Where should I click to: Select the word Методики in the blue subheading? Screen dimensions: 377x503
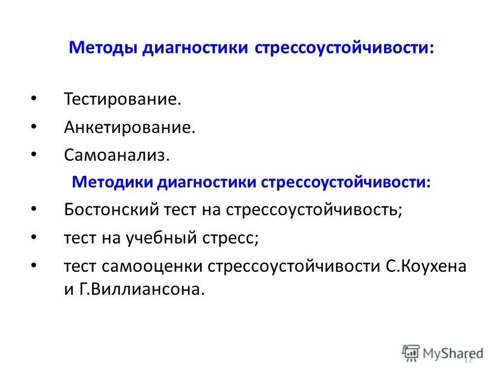pyautogui.click(x=111, y=182)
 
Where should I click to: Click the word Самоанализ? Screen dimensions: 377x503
pyautogui.click(x=117, y=155)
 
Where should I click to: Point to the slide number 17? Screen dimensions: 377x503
pyautogui.click(x=468, y=360)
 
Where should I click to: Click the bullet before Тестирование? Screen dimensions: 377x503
pyautogui.click(x=34, y=98)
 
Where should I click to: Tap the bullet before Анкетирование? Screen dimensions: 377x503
pyautogui.click(x=34, y=126)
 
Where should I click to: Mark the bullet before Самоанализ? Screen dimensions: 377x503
pyautogui.click(x=34, y=154)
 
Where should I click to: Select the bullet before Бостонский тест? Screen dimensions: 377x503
pyautogui.click(x=34, y=209)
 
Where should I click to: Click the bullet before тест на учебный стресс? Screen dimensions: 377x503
pyautogui.click(x=34, y=237)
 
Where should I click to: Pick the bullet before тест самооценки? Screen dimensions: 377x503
pyautogui.click(x=34, y=265)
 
